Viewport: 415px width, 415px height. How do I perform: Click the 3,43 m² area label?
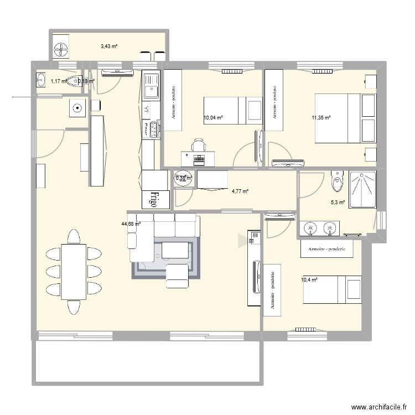click(x=109, y=47)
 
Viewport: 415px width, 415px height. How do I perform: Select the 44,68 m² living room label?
click(x=131, y=224)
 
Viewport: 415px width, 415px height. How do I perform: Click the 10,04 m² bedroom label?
click(x=213, y=117)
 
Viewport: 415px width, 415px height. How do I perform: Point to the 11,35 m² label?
click(x=321, y=117)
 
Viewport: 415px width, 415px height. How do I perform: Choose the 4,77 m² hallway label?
click(x=240, y=191)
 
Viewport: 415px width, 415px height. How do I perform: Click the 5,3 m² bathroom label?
click(x=338, y=203)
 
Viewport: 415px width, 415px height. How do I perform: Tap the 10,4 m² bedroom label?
click(x=309, y=280)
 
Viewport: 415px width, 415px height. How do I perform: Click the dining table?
click(x=73, y=272)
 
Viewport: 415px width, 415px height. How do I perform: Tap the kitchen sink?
click(x=151, y=86)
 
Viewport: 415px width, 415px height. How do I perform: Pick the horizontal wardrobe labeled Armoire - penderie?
click(x=326, y=249)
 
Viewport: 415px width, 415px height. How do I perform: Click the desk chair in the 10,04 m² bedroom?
click(x=198, y=146)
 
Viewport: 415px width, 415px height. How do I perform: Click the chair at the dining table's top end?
click(x=73, y=238)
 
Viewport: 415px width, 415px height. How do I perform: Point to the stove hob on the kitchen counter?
click(x=151, y=129)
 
